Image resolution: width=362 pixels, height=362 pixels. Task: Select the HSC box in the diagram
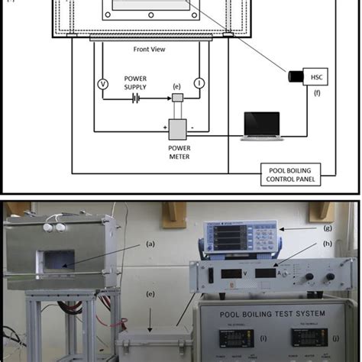315,77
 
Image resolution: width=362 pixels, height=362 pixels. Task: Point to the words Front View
150,48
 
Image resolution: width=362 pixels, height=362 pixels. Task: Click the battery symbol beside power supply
137,98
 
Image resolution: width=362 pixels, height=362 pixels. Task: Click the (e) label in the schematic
176,86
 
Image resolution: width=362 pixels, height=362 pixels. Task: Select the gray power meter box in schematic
178,129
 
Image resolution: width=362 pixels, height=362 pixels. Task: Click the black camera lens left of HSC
294,78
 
